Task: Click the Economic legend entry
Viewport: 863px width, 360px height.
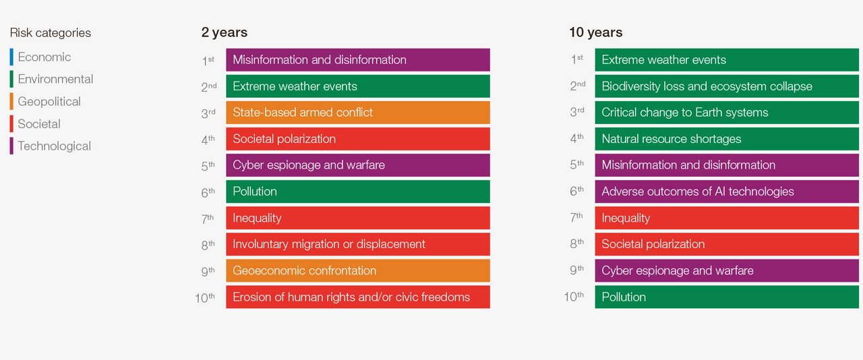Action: pyautogui.click(x=44, y=57)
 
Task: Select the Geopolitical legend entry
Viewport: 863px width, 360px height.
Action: pyautogui.click(x=49, y=102)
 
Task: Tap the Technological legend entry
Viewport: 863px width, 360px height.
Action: pyautogui.click(x=54, y=146)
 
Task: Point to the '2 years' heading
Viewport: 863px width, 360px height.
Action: pyautogui.click(x=224, y=32)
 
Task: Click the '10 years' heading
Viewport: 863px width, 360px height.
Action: pyautogui.click(x=595, y=32)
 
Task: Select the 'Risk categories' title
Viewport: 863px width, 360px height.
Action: pyautogui.click(x=50, y=33)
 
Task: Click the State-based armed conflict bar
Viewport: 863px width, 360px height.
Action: pyautogui.click(x=357, y=113)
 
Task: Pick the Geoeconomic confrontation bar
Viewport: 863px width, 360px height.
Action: pyautogui.click(x=357, y=270)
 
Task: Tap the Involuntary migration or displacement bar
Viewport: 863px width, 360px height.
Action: pyautogui.click(x=357, y=244)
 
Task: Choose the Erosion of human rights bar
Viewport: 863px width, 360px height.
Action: pyautogui.click(x=357, y=297)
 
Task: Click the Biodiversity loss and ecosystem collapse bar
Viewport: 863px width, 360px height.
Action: pyautogui.click(x=726, y=86)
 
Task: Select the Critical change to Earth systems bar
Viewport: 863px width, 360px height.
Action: pyautogui.click(x=726, y=113)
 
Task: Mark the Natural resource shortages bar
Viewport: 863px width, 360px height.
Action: pyautogui.click(x=726, y=139)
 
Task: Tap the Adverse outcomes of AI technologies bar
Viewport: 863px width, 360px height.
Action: pyautogui.click(x=726, y=191)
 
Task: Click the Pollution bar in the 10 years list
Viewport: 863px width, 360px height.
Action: pyautogui.click(x=726, y=297)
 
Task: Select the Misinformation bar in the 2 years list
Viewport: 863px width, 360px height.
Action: pyautogui.click(x=357, y=60)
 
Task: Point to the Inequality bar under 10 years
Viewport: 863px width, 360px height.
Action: pyautogui.click(x=726, y=218)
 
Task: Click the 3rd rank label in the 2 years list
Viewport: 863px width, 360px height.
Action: pyautogui.click(x=208, y=113)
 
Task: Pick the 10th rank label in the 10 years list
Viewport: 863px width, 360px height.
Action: pyautogui.click(x=574, y=297)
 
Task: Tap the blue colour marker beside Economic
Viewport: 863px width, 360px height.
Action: pyautogui.click(x=11, y=57)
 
